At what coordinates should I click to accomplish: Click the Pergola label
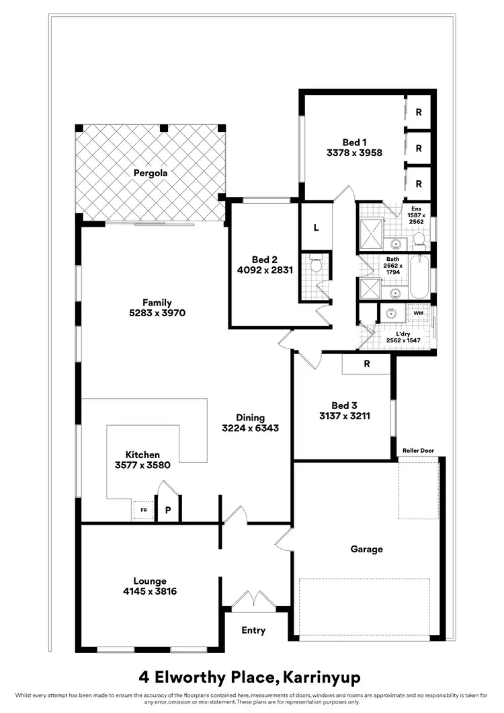click(150, 173)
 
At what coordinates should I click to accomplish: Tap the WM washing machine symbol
click(418, 313)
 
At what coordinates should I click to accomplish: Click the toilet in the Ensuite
click(418, 239)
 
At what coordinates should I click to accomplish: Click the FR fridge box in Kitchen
click(143, 511)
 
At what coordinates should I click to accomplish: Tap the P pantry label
click(168, 511)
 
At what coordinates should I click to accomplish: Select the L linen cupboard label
click(315, 227)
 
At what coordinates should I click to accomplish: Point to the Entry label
click(253, 630)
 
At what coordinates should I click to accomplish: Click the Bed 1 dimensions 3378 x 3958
click(354, 153)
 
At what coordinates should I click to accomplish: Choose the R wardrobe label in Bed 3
click(366, 364)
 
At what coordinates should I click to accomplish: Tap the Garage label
click(366, 549)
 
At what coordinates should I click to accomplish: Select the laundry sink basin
click(390, 313)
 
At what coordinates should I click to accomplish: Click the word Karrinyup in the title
click(323, 675)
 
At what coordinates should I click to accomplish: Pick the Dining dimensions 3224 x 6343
click(250, 428)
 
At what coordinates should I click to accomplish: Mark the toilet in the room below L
click(317, 266)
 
